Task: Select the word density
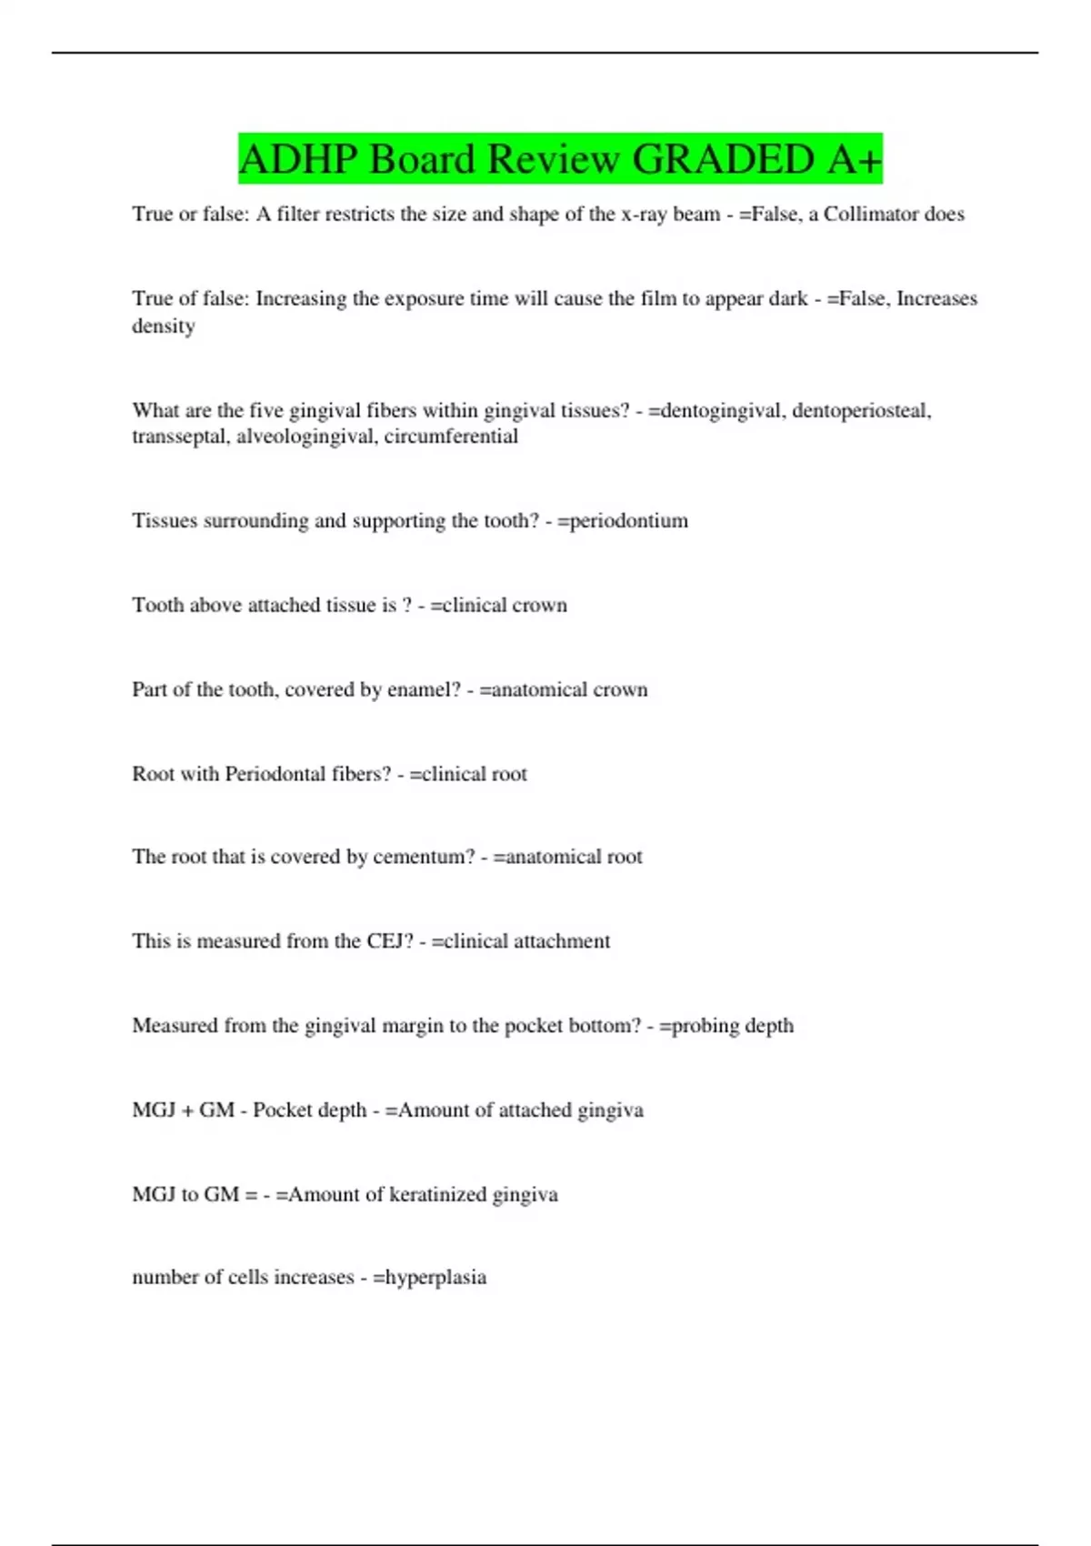tap(164, 326)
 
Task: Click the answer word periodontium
tap(628, 521)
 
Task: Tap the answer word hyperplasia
tap(435, 1278)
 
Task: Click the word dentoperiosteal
tap(861, 411)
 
